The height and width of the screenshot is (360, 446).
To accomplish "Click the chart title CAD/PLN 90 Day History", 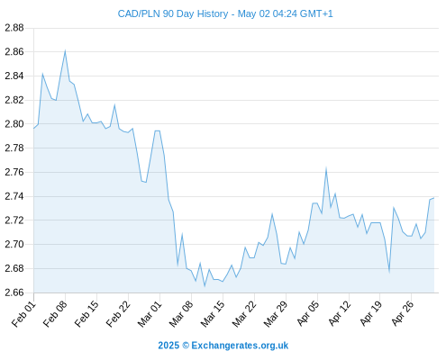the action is pyautogui.click(x=173, y=13).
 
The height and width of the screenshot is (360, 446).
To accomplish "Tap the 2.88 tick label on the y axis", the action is pyautogui.click(x=14, y=28).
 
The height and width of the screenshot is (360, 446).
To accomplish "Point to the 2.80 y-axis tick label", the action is pyautogui.click(x=14, y=124).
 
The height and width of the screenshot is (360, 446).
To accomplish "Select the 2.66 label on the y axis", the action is pyautogui.click(x=14, y=292).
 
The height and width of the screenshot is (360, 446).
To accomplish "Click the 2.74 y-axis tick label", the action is pyautogui.click(x=14, y=196).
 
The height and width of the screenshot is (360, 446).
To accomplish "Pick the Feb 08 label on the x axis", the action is pyautogui.click(x=55, y=314).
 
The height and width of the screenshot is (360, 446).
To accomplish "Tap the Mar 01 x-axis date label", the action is pyautogui.click(x=150, y=314).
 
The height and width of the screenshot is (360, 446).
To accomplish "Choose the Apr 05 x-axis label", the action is pyautogui.click(x=307, y=314).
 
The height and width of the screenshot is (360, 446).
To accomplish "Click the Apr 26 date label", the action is pyautogui.click(x=402, y=314).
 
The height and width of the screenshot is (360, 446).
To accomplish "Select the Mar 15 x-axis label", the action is pyautogui.click(x=213, y=314).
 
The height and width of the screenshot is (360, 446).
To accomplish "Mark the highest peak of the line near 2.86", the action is pyautogui.click(x=65, y=51).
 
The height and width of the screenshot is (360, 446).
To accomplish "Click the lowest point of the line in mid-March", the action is pyautogui.click(x=205, y=286).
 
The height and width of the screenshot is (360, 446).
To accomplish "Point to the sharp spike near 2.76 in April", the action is pyautogui.click(x=326, y=168).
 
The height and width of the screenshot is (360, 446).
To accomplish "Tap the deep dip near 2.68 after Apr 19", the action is pyautogui.click(x=389, y=272).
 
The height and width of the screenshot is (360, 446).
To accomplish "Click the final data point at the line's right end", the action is pyautogui.click(x=434, y=198).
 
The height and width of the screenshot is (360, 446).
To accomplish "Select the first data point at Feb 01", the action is pyautogui.click(x=33, y=129).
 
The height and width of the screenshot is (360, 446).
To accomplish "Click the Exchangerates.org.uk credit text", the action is pyautogui.click(x=240, y=346).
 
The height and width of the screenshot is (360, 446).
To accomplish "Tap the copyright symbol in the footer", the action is pyautogui.click(x=186, y=346).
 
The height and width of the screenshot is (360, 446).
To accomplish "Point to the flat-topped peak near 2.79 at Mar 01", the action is pyautogui.click(x=157, y=130).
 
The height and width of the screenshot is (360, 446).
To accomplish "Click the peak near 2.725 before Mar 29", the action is pyautogui.click(x=272, y=214).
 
